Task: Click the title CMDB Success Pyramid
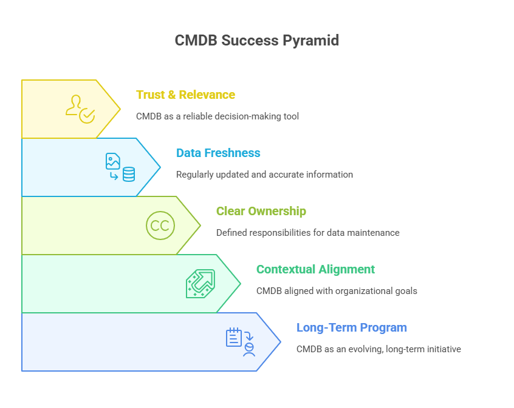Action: tap(256, 41)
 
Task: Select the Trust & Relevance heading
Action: tap(185, 95)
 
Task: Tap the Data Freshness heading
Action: tap(218, 153)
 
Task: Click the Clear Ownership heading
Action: tap(261, 211)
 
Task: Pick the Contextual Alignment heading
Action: tap(315, 269)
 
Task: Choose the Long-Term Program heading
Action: tap(351, 327)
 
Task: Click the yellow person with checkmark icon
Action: tap(80, 109)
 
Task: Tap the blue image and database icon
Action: tap(120, 167)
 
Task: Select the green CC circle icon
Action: tap(160, 226)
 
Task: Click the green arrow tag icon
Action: tap(200, 284)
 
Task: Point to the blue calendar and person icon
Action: tap(241, 342)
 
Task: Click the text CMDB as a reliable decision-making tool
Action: tap(218, 116)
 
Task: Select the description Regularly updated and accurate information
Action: tap(264, 175)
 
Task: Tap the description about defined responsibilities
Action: tap(307, 233)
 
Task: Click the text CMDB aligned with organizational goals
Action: tap(337, 291)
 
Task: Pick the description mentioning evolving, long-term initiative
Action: tap(379, 349)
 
